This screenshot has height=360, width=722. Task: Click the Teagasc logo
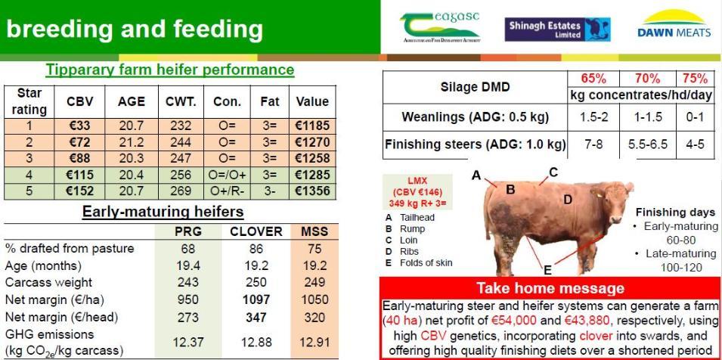point(440,27)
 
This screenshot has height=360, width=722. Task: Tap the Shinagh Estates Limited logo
point(558,29)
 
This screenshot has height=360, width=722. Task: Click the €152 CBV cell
point(79,191)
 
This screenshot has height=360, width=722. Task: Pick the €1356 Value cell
point(313,191)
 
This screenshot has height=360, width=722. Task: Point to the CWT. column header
point(181,102)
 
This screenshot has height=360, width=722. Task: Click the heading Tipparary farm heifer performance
point(170,70)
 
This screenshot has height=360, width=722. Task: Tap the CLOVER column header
point(256,231)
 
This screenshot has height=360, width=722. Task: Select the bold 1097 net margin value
point(256,300)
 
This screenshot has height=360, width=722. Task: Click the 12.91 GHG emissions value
point(315,343)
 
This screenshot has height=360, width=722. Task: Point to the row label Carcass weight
point(48,282)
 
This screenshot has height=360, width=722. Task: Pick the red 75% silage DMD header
point(695,79)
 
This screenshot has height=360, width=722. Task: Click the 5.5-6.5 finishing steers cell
point(648,144)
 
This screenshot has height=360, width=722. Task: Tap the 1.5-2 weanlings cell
point(593,117)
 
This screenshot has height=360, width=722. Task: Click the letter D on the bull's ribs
point(568,200)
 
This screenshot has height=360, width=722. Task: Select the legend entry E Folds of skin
point(419,263)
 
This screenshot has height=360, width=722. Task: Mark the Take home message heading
point(550,288)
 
